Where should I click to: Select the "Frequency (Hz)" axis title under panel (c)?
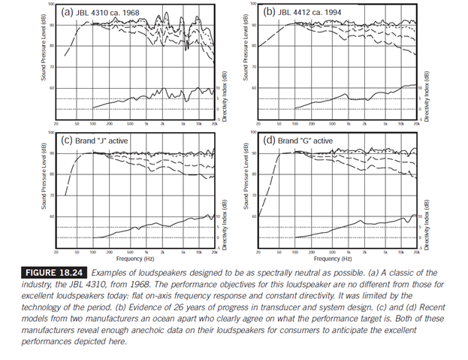pyautogui.click(x=135, y=257)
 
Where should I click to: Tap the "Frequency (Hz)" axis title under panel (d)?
pyautogui.click(x=337, y=257)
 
